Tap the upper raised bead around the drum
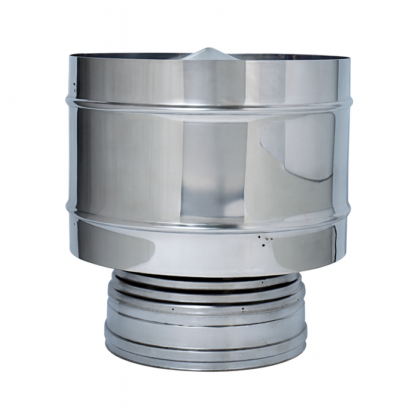click(209, 107)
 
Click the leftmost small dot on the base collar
click(172, 309)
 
